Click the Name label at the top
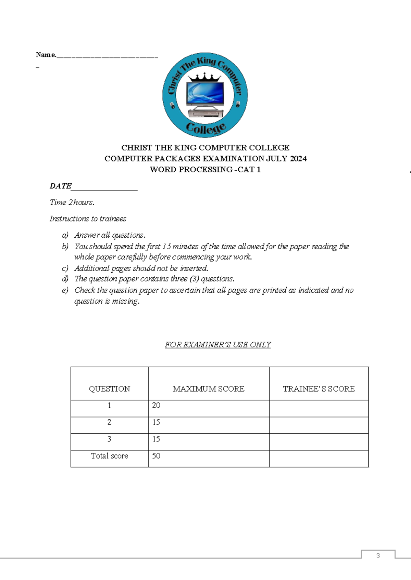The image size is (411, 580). click(46, 55)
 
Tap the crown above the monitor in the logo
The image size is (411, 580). click(205, 78)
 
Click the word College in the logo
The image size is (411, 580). click(206, 128)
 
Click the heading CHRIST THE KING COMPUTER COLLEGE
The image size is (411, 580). click(205, 148)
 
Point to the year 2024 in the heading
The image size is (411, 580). click(298, 159)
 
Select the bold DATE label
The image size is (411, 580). click(61, 186)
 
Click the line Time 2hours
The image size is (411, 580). click(72, 202)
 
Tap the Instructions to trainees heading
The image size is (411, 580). click(88, 219)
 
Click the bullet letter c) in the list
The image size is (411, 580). click(65, 268)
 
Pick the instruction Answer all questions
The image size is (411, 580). click(110, 235)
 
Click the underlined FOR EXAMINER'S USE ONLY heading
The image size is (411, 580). click(218, 345)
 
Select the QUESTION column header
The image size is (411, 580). click(109, 389)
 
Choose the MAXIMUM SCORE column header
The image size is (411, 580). click(208, 389)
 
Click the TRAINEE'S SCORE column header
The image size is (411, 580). click(319, 389)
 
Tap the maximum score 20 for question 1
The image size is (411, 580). click(156, 406)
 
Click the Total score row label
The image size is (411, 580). click(109, 456)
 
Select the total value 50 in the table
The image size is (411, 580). click(156, 456)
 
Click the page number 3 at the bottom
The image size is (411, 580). click(378, 556)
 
